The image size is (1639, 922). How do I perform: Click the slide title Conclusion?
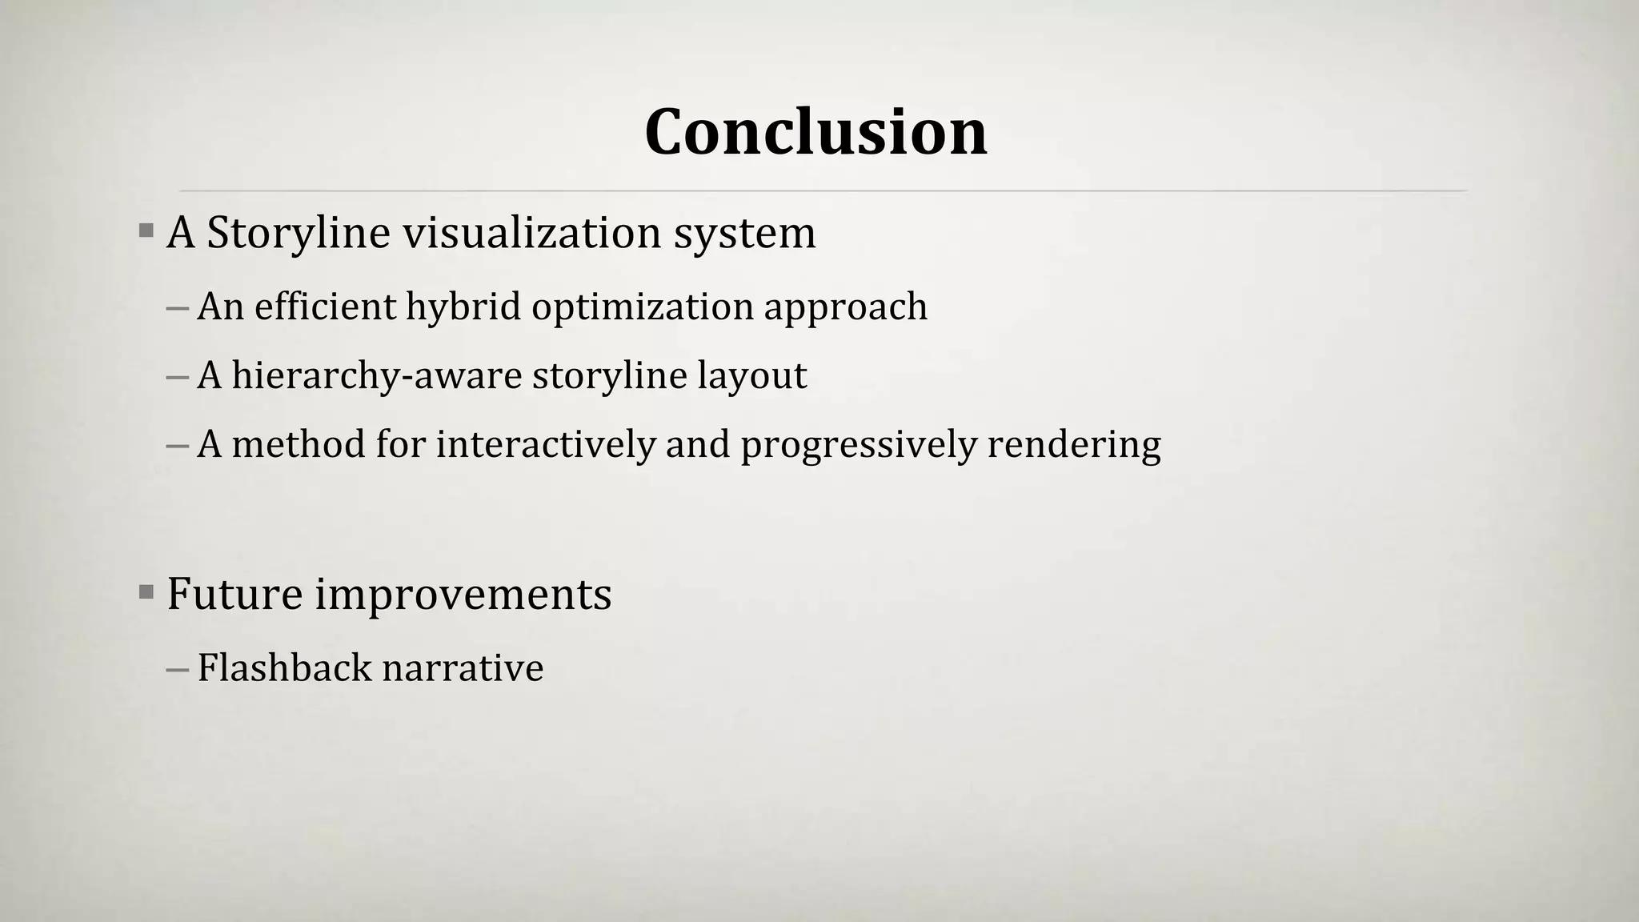coord(815,132)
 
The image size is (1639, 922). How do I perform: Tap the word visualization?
coord(531,234)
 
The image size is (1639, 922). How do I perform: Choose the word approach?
coord(846,307)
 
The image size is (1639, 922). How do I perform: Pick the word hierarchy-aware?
coord(376,376)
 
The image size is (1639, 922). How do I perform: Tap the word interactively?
coord(546,445)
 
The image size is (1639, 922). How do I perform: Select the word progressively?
coord(859,445)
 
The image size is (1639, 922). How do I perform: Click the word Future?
coord(234,595)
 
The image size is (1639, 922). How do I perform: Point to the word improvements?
coord(463,595)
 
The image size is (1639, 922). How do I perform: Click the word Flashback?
coord(284,668)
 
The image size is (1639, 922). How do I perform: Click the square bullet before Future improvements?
coord(146,593)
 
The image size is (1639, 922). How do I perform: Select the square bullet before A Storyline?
coord(146,232)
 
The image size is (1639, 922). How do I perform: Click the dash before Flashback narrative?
coord(177,669)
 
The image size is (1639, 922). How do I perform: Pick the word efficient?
coord(325,307)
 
